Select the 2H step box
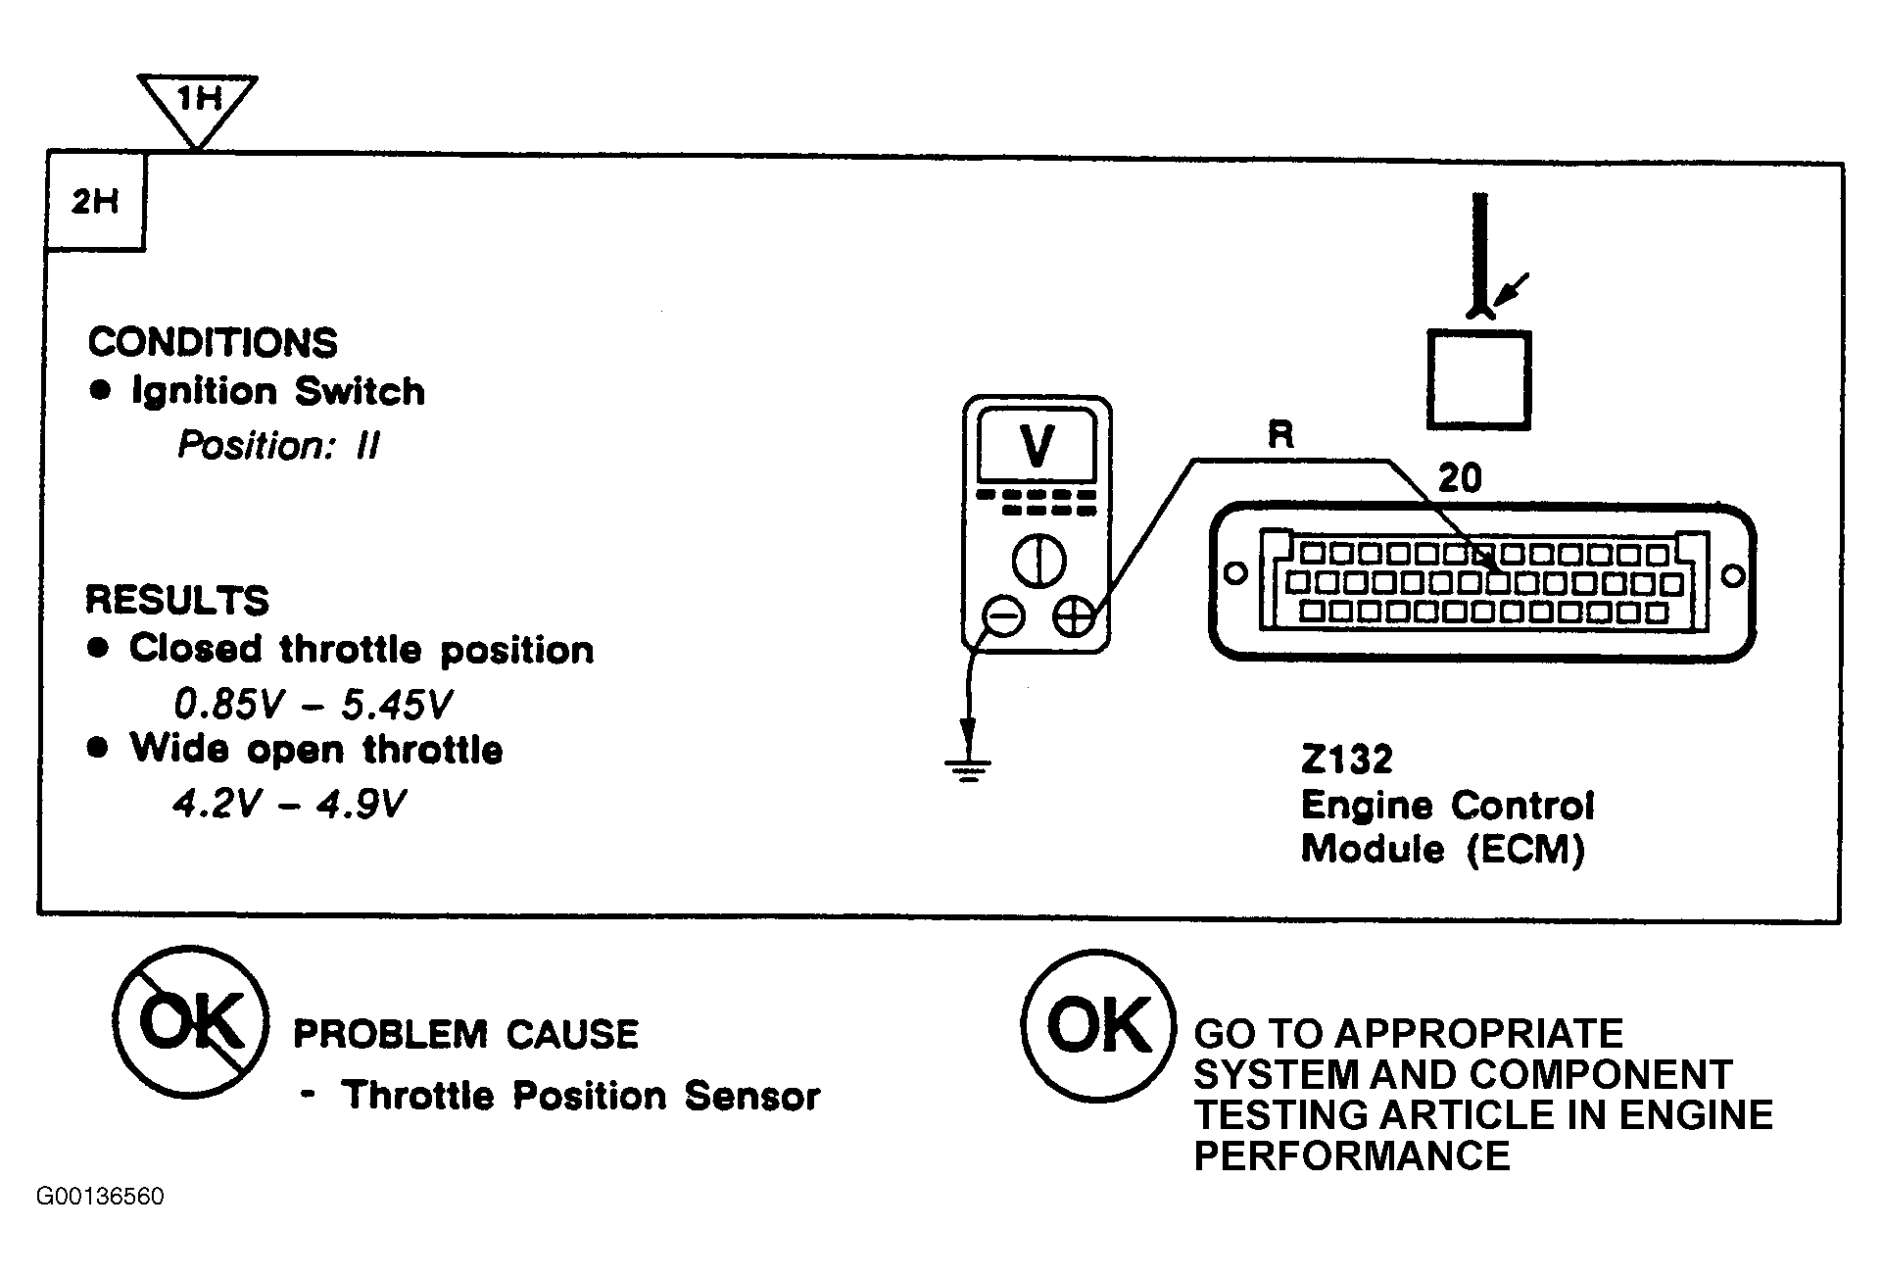(95, 202)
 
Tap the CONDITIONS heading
(213, 342)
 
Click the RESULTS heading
(177, 600)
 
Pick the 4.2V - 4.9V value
(289, 804)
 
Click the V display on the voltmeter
(1037, 447)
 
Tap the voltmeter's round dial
(1038, 563)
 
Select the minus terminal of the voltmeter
(1002, 617)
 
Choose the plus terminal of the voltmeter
(1075, 617)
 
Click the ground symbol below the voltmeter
(968, 769)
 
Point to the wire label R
(1280, 434)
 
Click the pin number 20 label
(1460, 478)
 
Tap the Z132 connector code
(1346, 760)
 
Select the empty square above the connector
(1478, 379)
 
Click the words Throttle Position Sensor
(581, 1096)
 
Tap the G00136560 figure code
(100, 1197)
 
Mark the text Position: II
(278, 446)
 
